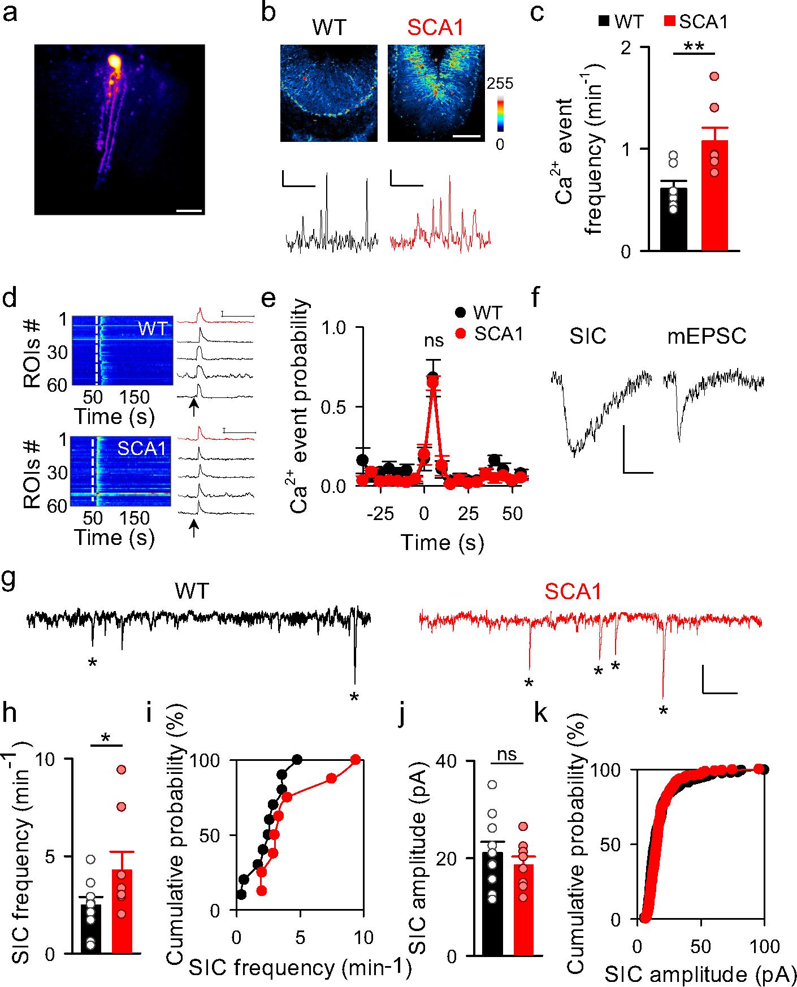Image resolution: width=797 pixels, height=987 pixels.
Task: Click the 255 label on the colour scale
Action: [x=500, y=84]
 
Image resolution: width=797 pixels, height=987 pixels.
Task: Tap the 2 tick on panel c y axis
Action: [x=626, y=47]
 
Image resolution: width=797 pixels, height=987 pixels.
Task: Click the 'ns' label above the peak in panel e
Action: [x=434, y=340]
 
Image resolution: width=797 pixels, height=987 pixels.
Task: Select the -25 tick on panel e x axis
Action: [x=380, y=514]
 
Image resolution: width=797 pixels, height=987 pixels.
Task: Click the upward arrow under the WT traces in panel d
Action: [x=194, y=408]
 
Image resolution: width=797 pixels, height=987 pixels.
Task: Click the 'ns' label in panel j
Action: [x=507, y=756]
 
